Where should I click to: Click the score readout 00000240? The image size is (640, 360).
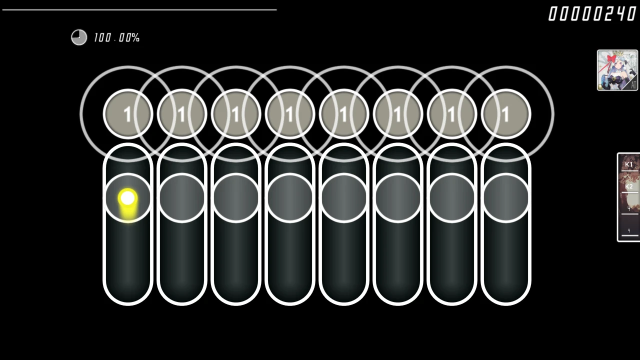coord(592,14)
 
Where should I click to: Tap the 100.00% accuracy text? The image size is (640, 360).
coord(116,38)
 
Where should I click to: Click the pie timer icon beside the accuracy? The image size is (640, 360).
coord(79,37)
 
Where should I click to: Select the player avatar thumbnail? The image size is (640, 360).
coord(617,70)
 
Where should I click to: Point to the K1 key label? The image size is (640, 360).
coord(629,164)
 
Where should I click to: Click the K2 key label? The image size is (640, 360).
coord(629,186)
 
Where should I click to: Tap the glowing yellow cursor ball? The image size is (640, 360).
coord(128,198)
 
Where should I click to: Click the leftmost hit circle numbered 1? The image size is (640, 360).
coord(128,114)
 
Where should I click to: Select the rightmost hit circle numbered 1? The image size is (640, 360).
coord(505,114)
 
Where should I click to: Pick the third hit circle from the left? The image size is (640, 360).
coord(236,114)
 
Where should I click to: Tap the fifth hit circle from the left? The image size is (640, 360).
coord(344,114)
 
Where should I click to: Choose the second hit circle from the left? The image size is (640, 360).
coord(182,114)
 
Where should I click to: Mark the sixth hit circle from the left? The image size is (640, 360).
coord(398,114)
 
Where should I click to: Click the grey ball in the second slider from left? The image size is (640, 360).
coord(182,198)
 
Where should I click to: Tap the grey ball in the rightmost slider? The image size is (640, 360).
coord(505,198)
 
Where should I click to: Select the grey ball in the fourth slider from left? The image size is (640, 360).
coord(290,198)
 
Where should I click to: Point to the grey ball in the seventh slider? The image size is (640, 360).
coord(452,198)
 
